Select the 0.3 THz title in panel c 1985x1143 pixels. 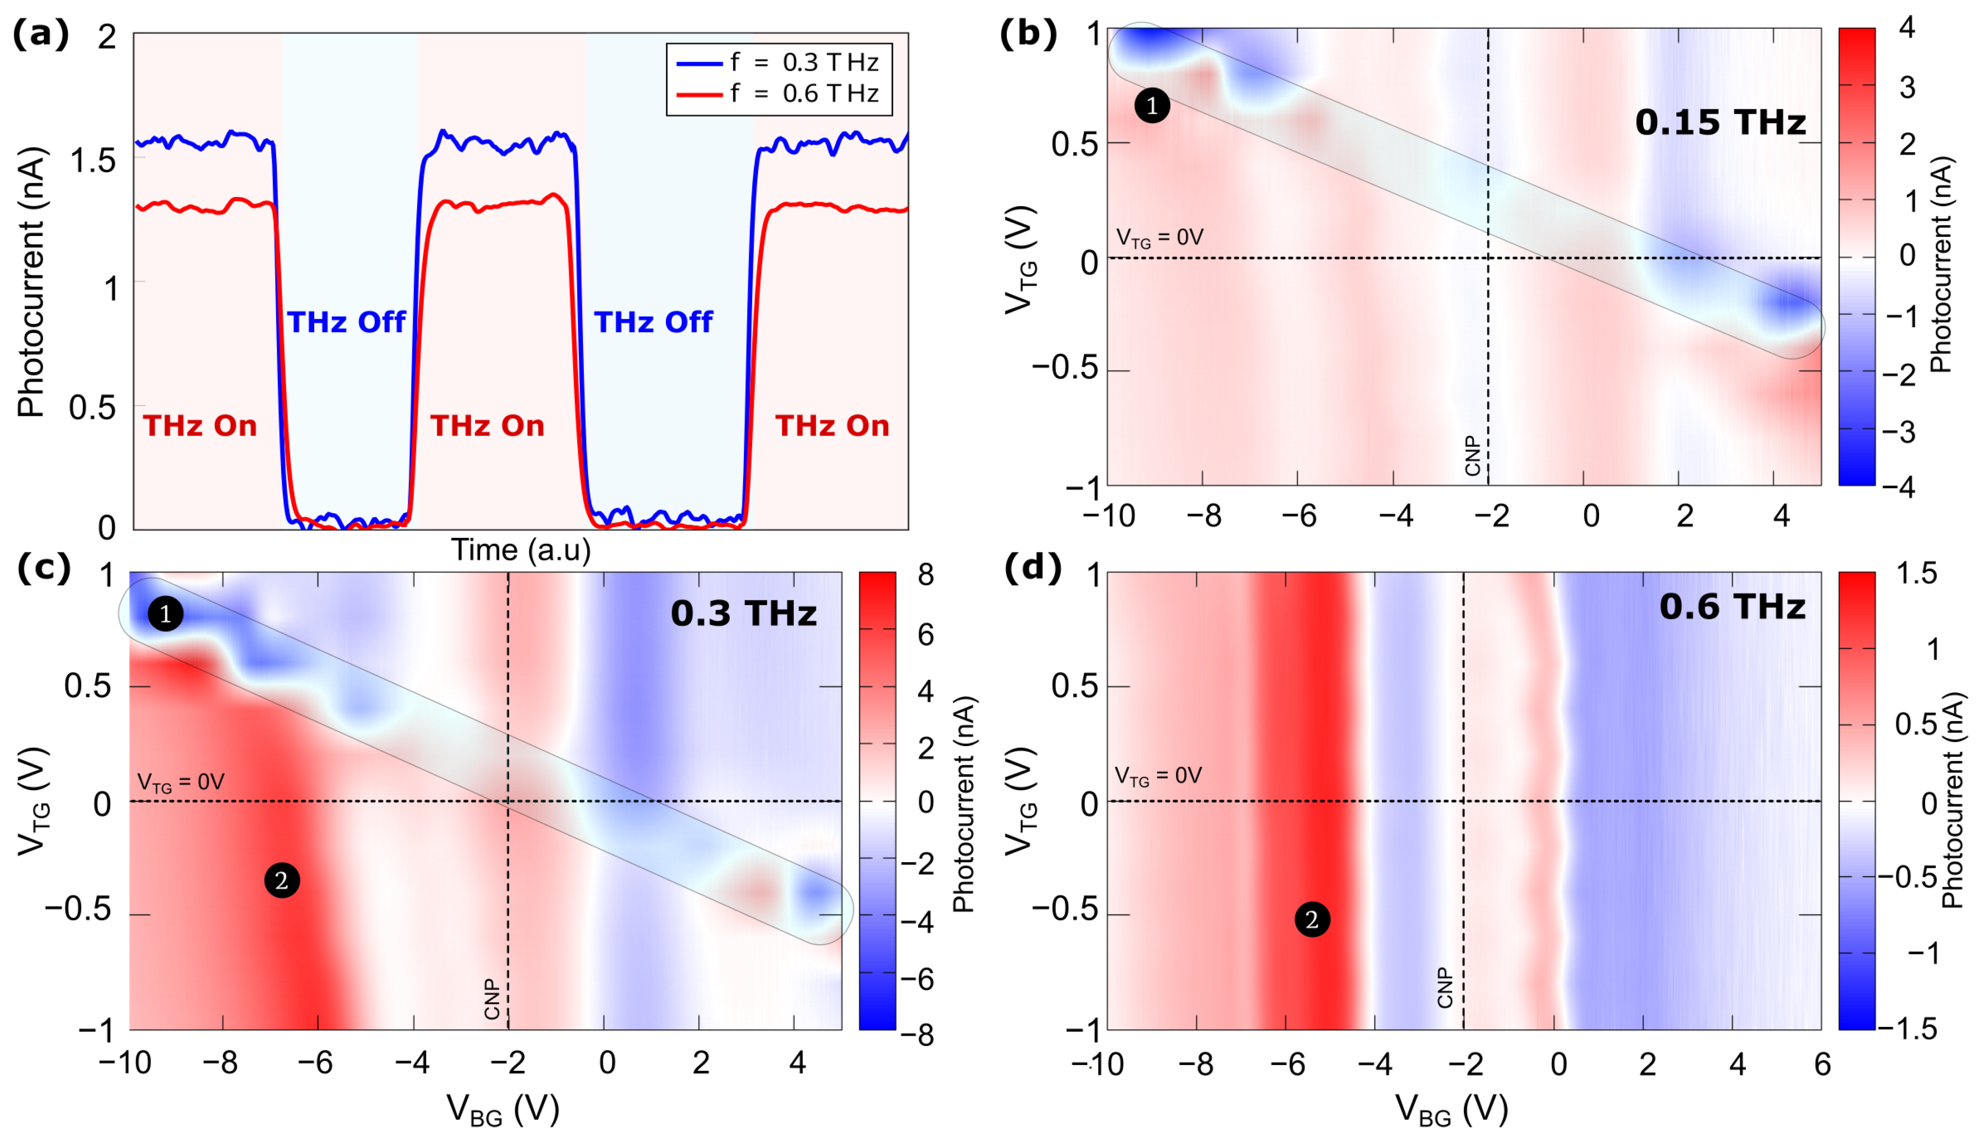pos(743,613)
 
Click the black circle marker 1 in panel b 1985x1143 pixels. pos(1152,105)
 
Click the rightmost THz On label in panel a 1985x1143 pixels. pos(832,426)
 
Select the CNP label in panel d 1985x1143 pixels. pos(1444,987)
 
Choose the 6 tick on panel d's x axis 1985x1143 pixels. pos(1822,1064)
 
